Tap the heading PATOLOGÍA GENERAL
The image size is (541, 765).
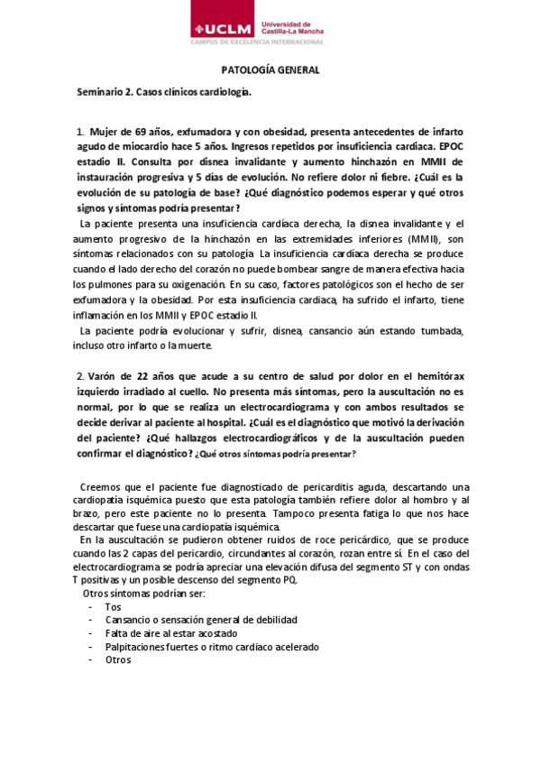pos(270,70)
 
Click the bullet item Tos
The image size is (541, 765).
pos(113,607)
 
